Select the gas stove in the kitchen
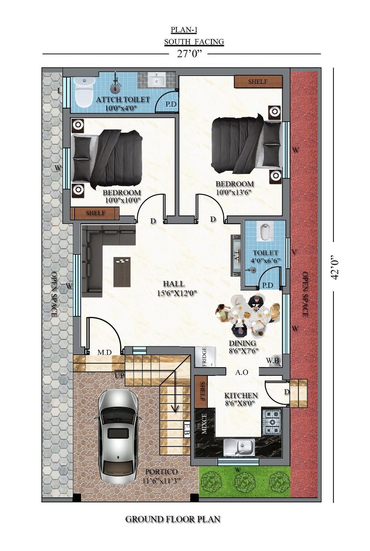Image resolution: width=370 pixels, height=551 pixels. (272, 422)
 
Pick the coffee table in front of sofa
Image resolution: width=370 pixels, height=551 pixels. (122, 272)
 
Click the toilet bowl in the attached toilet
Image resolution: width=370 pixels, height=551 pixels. (83, 92)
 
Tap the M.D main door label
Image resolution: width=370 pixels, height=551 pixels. (105, 352)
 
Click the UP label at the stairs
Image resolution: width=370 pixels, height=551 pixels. (120, 375)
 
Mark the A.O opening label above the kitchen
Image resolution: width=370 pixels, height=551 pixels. (242, 372)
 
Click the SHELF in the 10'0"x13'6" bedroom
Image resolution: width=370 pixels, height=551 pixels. (258, 81)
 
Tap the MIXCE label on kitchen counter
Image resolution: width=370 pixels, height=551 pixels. (204, 423)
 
